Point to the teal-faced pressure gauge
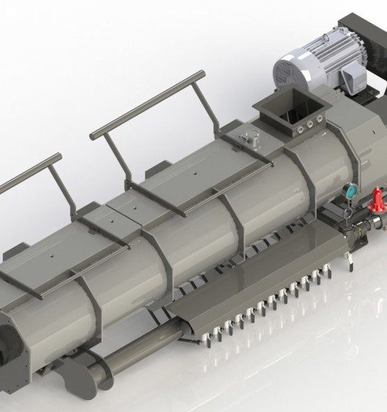pyautogui.click(x=349, y=191)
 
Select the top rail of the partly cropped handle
pyautogui.click(x=28, y=174)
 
